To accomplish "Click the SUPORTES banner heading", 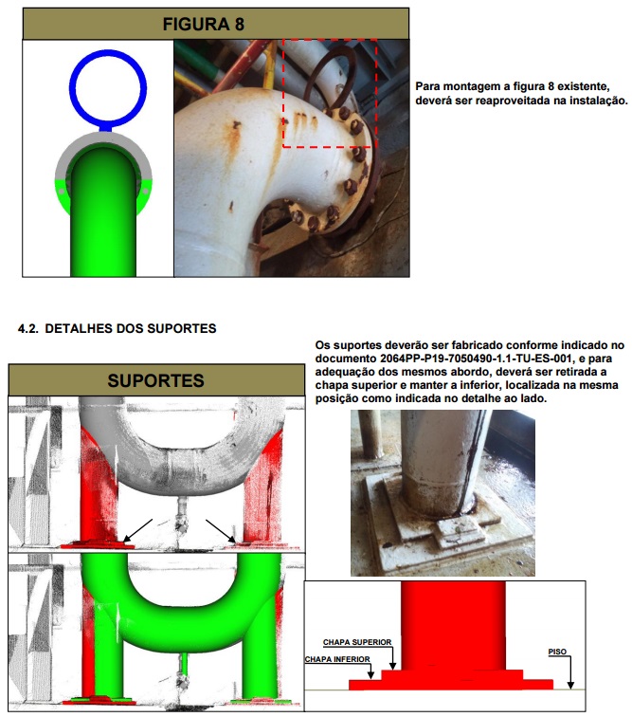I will click(x=155, y=381).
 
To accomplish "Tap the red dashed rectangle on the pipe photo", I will click(x=330, y=94).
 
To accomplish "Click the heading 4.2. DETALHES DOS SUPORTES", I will click(x=117, y=329).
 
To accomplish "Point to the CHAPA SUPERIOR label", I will click(x=356, y=642).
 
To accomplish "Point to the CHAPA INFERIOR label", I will click(x=338, y=659).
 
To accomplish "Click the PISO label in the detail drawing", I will click(x=558, y=653).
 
